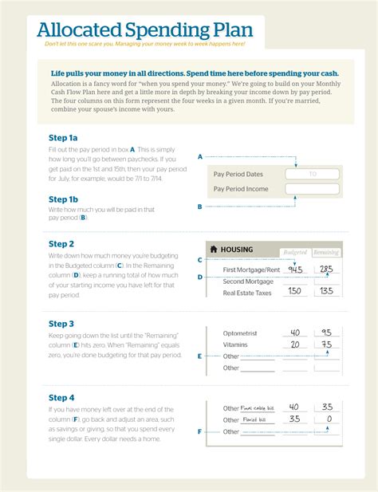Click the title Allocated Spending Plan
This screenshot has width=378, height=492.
(x=144, y=30)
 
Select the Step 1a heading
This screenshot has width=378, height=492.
(x=63, y=138)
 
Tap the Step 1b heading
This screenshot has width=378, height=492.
(x=63, y=199)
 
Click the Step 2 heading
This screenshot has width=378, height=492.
(x=61, y=244)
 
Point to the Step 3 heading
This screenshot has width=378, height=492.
(x=61, y=324)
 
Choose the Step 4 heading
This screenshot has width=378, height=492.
(x=61, y=397)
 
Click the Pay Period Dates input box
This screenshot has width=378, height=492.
(x=313, y=173)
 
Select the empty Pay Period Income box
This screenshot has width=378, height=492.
(x=313, y=189)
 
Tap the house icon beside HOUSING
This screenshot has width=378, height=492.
(x=213, y=250)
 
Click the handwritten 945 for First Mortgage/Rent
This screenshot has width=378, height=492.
(x=296, y=269)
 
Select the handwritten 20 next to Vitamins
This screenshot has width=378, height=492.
(x=296, y=344)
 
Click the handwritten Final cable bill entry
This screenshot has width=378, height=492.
(x=258, y=407)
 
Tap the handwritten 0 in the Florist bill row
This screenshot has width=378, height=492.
(x=327, y=418)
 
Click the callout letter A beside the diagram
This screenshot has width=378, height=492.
(x=199, y=156)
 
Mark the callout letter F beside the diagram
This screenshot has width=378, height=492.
(x=199, y=432)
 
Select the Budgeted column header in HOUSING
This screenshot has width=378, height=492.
(x=295, y=252)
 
